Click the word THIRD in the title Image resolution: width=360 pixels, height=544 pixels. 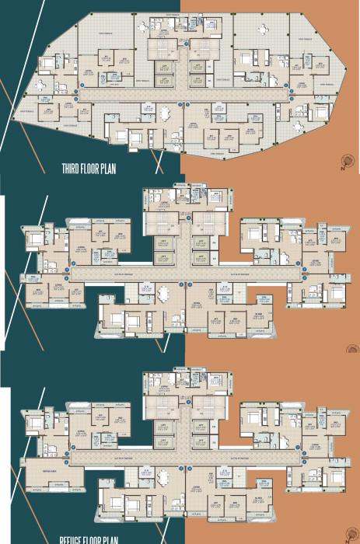75,167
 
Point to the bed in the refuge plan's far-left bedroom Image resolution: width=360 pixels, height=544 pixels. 34,422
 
